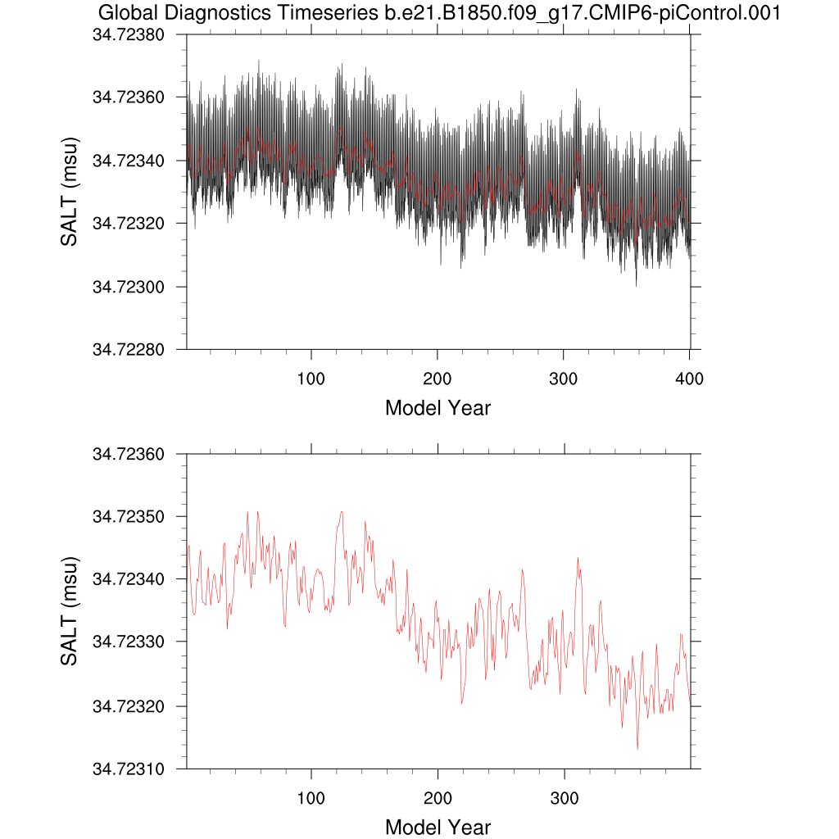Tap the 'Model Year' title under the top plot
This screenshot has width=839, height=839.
[438, 407]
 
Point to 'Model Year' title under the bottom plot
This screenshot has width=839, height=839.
[438, 827]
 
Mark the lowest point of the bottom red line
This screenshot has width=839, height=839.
[637, 749]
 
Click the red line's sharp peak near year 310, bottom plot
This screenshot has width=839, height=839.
[578, 558]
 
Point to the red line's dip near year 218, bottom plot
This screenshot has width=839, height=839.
[461, 703]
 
